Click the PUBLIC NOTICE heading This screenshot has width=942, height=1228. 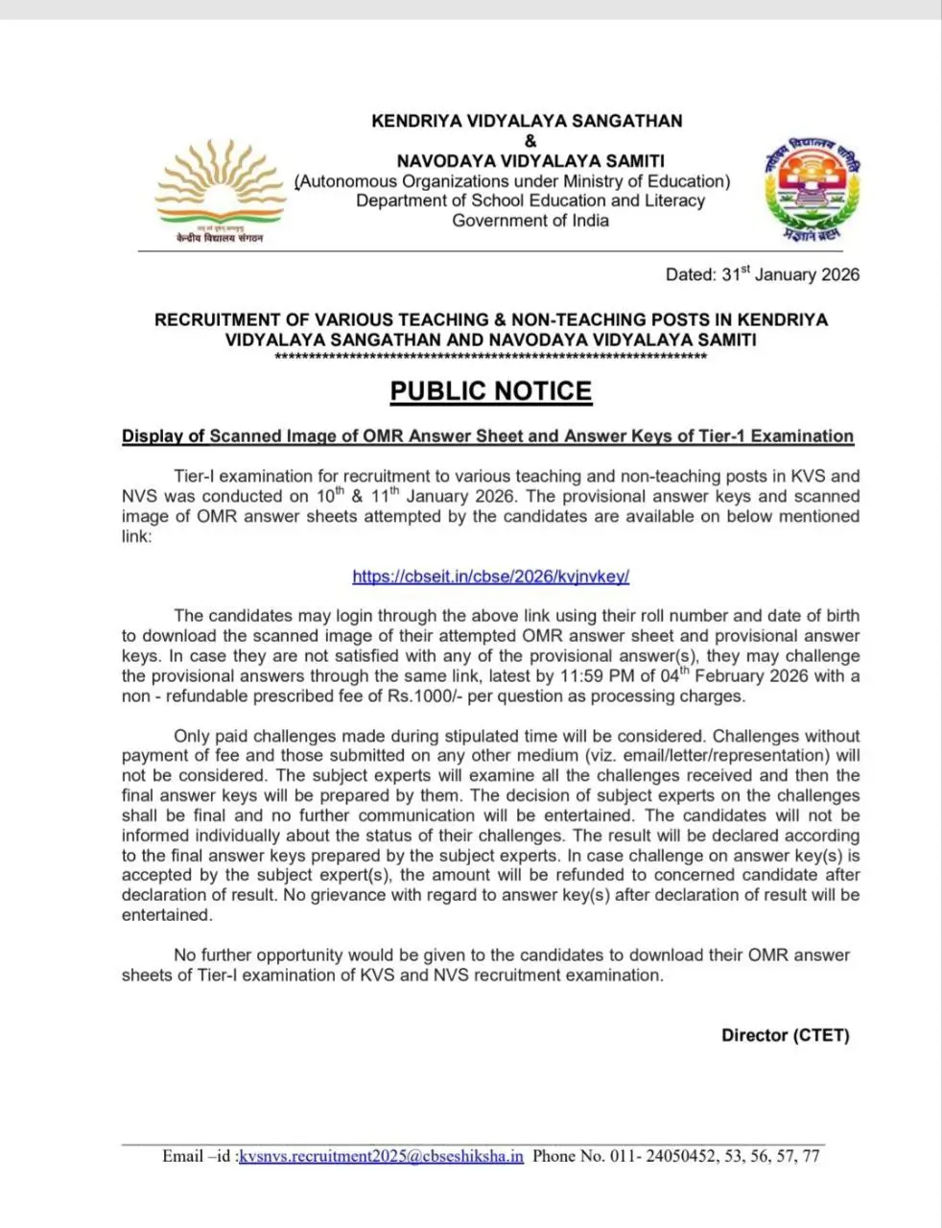(x=490, y=391)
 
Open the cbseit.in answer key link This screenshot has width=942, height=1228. (x=490, y=577)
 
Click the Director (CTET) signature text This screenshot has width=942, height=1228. (x=785, y=1035)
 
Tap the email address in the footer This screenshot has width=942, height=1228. (x=382, y=1156)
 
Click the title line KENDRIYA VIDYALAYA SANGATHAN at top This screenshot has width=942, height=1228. (x=527, y=121)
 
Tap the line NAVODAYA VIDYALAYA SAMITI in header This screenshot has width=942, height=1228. (x=530, y=161)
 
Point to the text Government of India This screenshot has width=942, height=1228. (x=530, y=221)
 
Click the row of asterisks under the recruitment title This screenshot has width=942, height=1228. (x=490, y=358)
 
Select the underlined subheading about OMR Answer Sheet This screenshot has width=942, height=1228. (x=487, y=437)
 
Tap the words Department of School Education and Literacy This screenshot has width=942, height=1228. (x=530, y=201)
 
